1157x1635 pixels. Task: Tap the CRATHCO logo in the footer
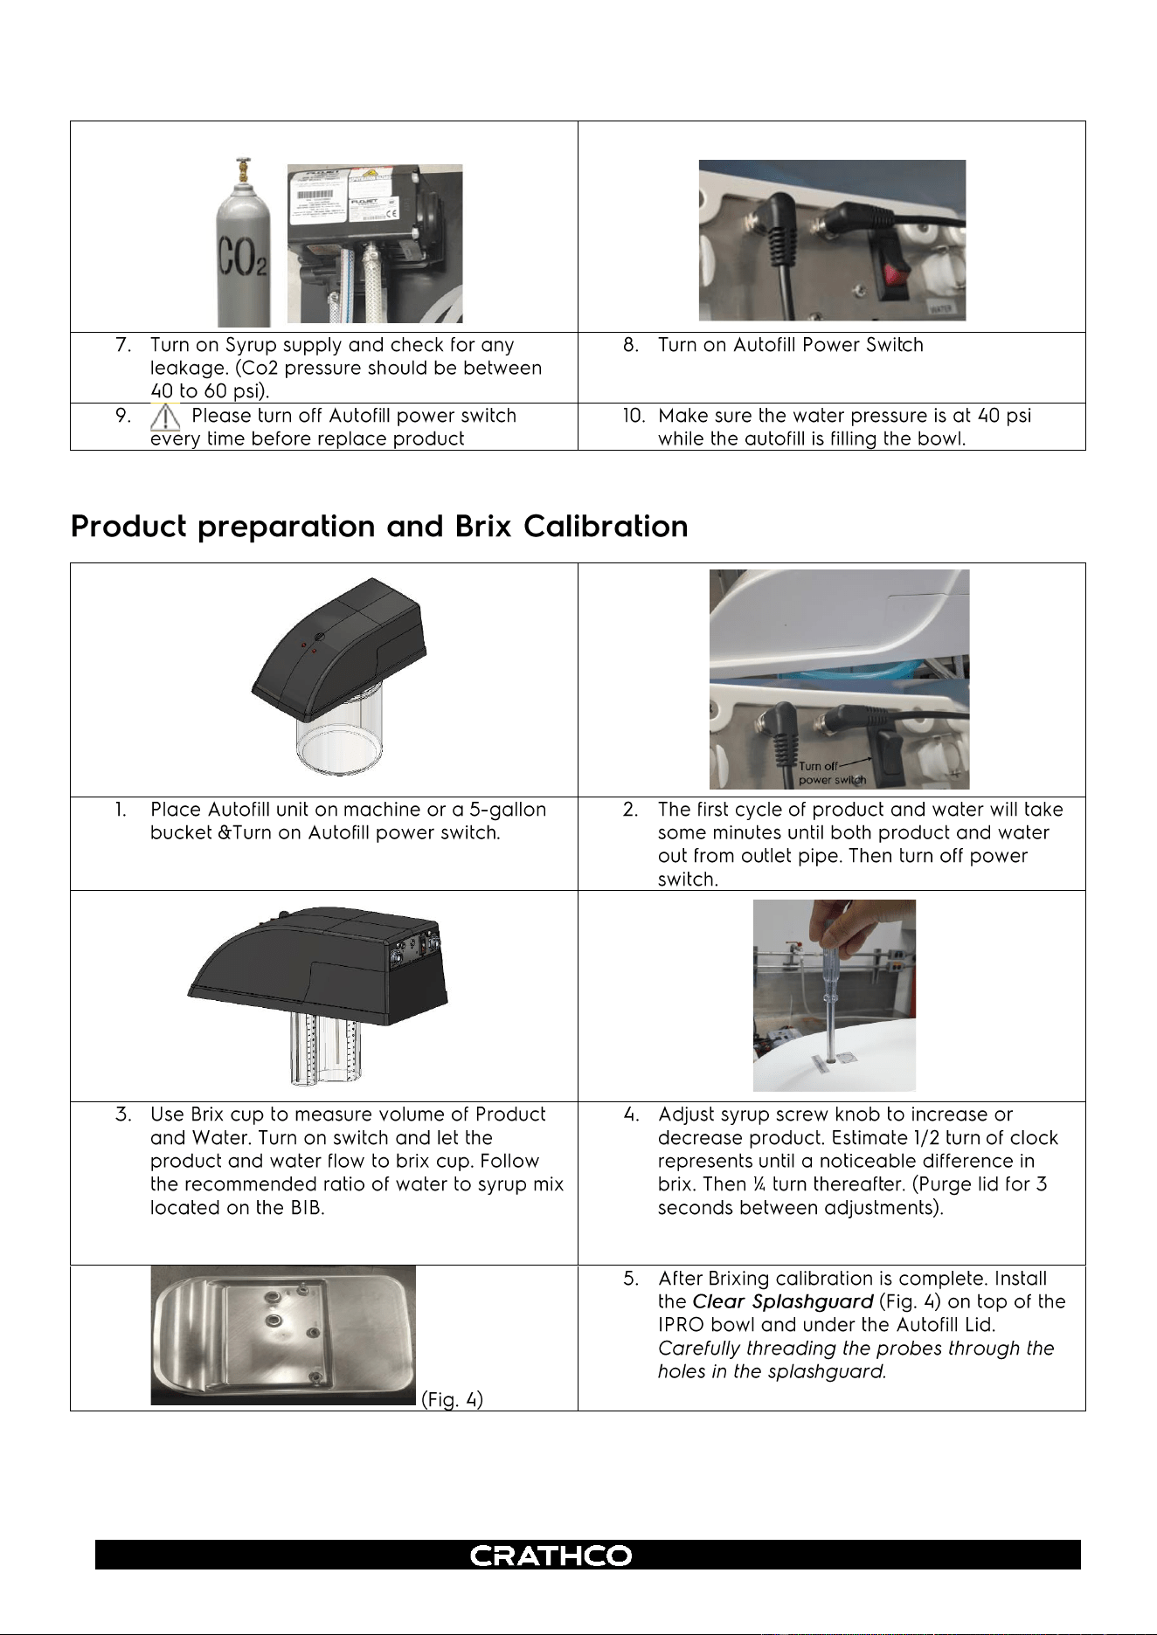551,1556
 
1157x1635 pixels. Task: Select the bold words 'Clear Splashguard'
783,1302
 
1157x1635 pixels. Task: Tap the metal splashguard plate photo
283,1335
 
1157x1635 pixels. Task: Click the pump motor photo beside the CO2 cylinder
375,243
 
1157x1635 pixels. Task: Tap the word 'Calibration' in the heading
606,527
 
